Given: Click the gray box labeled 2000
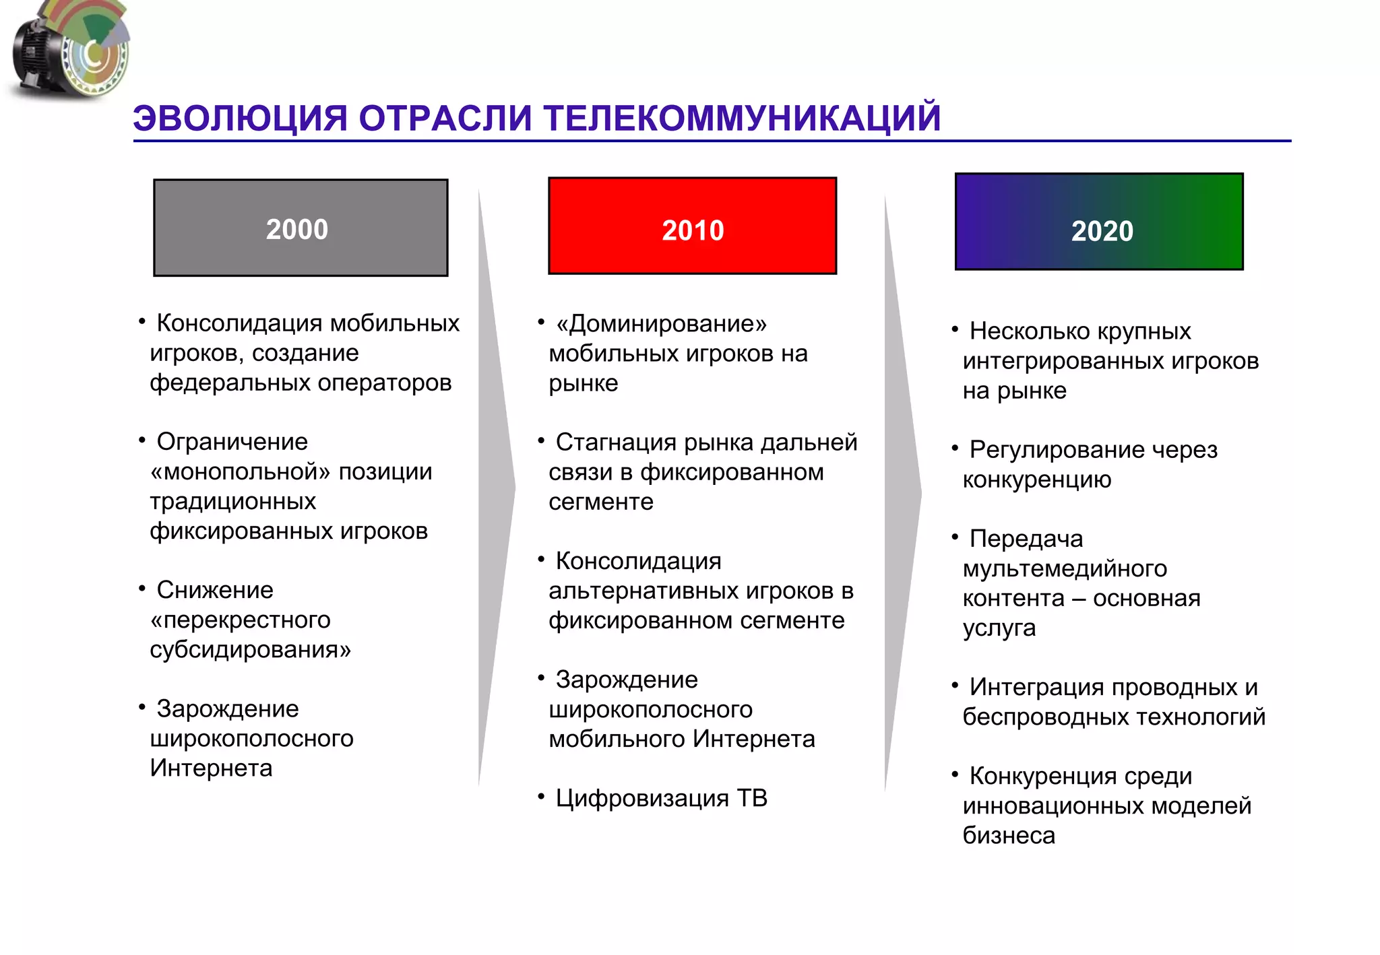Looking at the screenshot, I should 301,228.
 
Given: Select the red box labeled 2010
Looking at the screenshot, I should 692,226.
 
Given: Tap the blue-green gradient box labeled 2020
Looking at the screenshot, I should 1099,222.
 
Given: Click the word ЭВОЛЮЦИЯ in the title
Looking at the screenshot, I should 240,119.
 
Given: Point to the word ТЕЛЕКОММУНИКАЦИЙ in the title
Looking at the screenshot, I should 742,119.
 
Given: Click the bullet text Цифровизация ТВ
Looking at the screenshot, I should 661,798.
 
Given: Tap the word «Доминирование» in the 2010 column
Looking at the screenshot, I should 661,324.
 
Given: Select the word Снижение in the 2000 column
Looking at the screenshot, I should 215,590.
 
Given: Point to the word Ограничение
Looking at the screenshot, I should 232,442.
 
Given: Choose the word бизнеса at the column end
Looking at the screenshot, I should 1009,836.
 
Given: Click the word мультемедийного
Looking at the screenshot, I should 1065,568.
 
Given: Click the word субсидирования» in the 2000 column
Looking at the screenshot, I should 250,650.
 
